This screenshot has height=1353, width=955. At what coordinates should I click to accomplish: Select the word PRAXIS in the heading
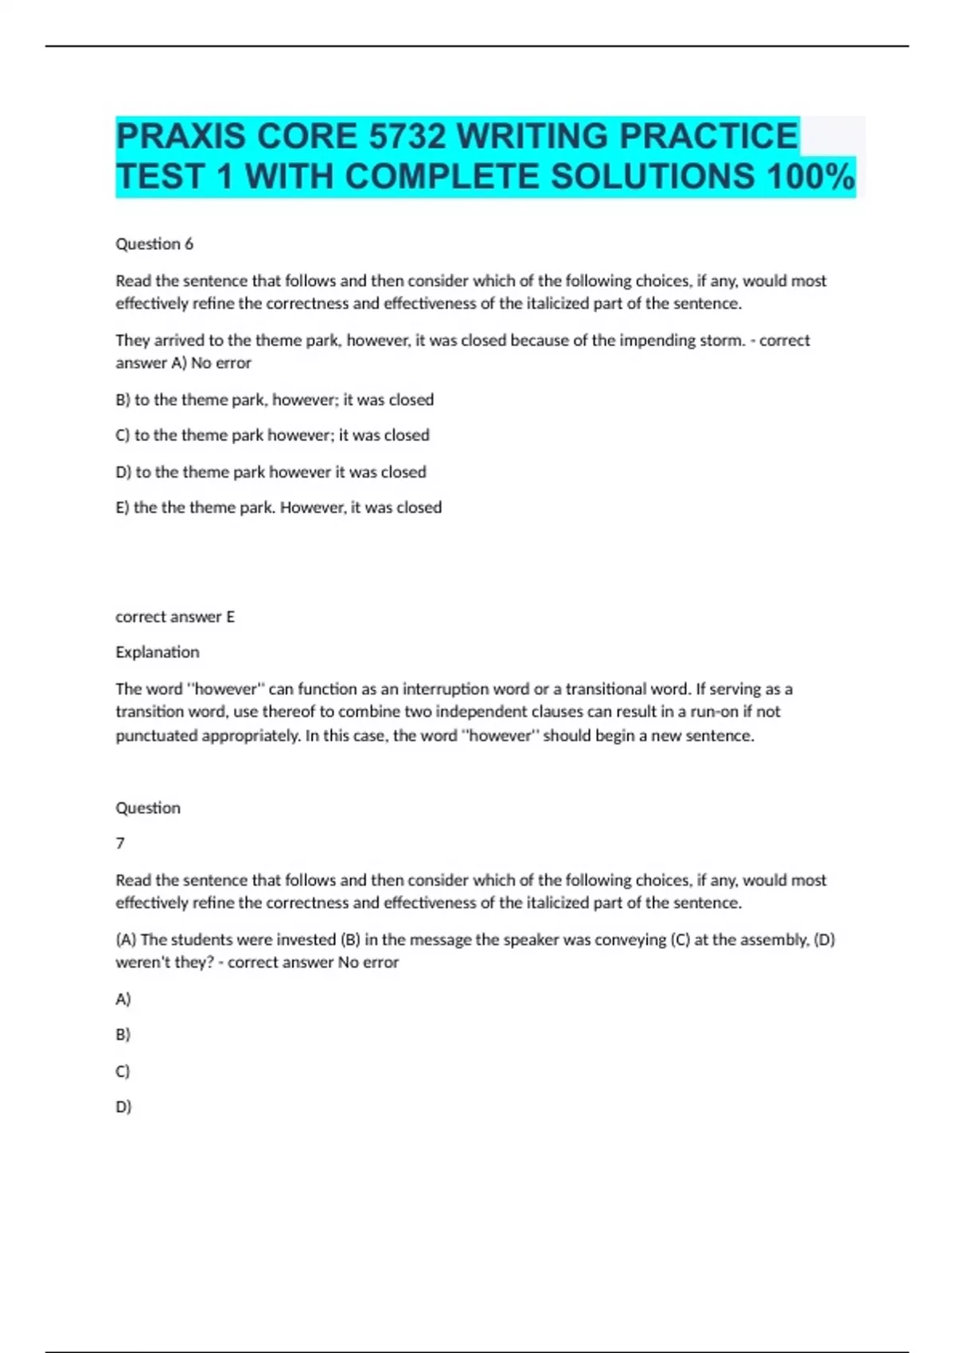pos(181,136)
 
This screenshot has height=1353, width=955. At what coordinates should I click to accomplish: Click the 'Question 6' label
pos(154,244)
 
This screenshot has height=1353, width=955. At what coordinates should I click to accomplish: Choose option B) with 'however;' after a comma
pos(275,400)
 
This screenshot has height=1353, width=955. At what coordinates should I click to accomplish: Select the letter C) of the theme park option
pos(123,435)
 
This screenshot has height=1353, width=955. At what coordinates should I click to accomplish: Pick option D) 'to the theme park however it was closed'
pos(271,472)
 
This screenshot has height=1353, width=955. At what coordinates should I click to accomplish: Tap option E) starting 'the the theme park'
pos(279,508)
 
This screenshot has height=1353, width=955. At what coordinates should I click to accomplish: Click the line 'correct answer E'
pos(175,617)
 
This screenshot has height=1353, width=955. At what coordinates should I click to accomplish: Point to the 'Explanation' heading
pos(158,652)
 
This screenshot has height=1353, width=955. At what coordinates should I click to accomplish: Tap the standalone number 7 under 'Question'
pos(120,843)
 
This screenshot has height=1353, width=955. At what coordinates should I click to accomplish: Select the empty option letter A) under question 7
pos(123,999)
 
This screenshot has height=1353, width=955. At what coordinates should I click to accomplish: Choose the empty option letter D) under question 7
pos(123,1106)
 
